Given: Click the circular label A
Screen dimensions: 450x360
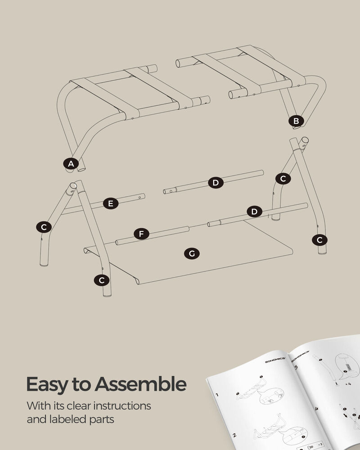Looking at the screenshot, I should pyautogui.click(x=70, y=164).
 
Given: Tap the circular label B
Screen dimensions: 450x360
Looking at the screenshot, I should pyautogui.click(x=296, y=121).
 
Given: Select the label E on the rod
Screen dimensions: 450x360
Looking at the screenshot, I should pyautogui.click(x=110, y=203).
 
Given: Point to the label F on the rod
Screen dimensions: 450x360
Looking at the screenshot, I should pyautogui.click(x=141, y=234).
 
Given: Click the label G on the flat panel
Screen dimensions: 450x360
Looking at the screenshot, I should pyautogui.click(x=192, y=254).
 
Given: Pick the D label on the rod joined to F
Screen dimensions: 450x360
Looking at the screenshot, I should pyautogui.click(x=254, y=211).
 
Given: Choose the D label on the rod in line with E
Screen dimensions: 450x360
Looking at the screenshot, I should pyautogui.click(x=216, y=182).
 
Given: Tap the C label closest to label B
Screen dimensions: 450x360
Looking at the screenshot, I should pyautogui.click(x=283, y=179).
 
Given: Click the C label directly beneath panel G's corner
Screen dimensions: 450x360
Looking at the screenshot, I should pyautogui.click(x=102, y=280).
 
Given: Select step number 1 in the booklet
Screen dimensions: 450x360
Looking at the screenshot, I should pyautogui.click(x=217, y=395).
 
